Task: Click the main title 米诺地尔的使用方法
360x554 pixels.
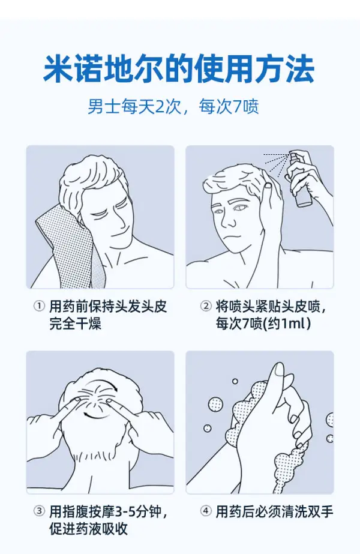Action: pos(179,68)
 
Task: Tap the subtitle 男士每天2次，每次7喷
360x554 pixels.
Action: pos(173,106)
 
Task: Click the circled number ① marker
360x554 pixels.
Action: pos(39,306)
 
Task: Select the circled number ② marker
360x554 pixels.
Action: pos(206,306)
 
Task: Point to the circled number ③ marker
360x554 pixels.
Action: pos(39,511)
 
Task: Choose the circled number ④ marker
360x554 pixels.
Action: pos(206,511)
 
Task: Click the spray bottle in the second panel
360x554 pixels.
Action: pos(300,182)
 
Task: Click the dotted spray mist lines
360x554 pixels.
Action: pos(277,161)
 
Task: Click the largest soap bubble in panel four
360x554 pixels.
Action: pos(215,404)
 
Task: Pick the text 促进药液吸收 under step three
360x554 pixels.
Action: pos(89,529)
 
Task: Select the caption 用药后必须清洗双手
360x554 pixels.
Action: pos(275,511)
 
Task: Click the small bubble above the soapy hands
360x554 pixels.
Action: pos(235,381)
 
